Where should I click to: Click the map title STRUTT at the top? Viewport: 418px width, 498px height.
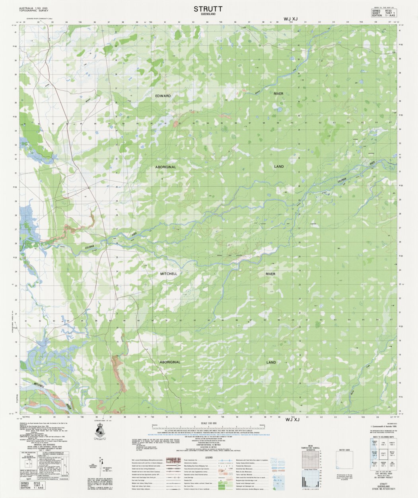tap(208, 8)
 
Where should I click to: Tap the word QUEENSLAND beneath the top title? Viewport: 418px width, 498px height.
tap(208, 14)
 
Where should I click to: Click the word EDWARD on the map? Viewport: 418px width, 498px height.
tap(163, 96)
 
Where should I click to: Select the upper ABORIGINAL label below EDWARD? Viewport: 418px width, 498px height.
tap(166, 168)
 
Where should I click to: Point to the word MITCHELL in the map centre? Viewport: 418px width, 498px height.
tap(168, 274)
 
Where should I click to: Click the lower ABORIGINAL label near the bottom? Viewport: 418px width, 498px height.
tap(170, 362)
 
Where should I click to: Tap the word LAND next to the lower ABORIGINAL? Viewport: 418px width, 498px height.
tap(271, 363)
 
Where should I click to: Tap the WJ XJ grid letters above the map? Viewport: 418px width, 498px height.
tap(290, 19)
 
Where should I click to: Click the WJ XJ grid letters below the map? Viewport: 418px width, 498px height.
tap(292, 420)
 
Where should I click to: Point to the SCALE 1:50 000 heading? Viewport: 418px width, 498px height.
tap(209, 423)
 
